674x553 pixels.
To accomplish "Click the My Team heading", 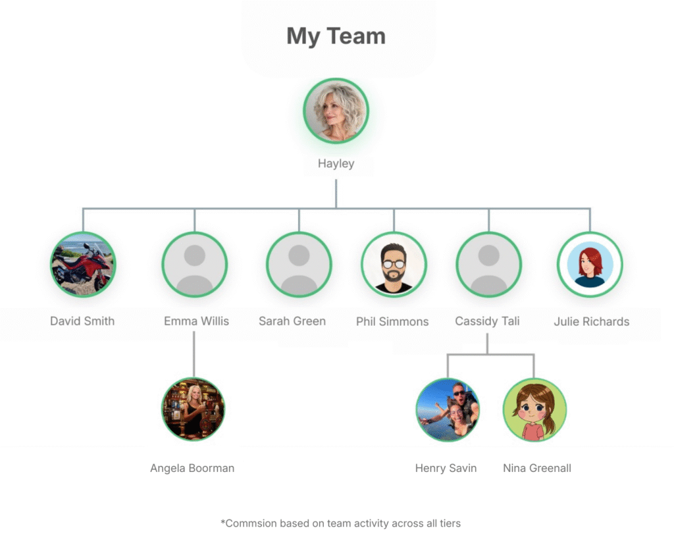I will point(336,37).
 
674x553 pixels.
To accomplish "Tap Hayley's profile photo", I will point(336,111).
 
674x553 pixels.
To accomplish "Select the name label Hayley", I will point(336,164).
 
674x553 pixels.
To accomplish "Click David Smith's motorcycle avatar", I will point(83,264).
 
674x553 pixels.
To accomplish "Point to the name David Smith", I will point(82,321).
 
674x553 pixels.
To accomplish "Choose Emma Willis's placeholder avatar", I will point(194,264).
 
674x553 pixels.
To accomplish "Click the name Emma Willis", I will point(196,321).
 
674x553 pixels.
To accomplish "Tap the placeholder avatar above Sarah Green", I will point(299,264).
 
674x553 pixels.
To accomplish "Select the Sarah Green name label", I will point(292,321).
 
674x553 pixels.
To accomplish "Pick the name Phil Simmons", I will point(392,322).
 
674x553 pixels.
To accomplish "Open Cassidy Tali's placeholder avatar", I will point(488,264).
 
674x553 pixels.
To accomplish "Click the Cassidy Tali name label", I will point(487,321).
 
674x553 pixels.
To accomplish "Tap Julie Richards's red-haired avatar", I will point(590,264).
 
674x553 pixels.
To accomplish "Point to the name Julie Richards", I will point(591,322).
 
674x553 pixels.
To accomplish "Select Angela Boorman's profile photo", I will point(194,408).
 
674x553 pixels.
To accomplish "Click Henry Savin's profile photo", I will point(448,409).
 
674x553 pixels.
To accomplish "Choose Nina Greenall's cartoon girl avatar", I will point(534,409).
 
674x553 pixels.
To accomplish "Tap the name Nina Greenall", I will point(536,468).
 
